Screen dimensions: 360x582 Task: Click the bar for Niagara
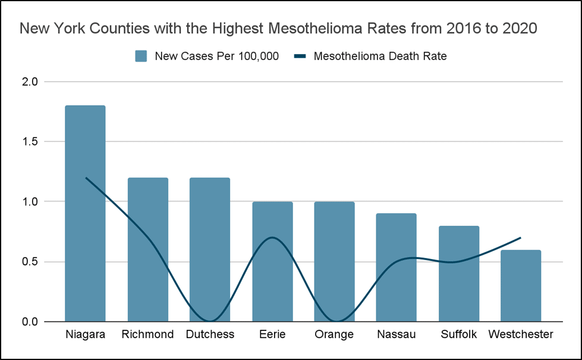pos(85,214)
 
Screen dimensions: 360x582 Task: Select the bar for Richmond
pos(147,250)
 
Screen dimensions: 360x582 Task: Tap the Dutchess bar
pos(210,250)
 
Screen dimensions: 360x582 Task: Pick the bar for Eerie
pos(272,261)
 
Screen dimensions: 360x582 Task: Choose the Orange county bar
pos(334,261)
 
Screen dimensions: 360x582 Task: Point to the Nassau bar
pos(397,267)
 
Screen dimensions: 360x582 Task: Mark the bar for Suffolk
pos(459,273)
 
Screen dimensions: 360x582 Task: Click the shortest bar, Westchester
pos(521,286)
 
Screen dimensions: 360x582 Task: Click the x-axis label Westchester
pos(521,334)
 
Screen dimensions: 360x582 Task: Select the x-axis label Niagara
pos(85,334)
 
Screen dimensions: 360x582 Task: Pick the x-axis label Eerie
pos(272,334)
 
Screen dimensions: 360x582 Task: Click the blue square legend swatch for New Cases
pos(141,56)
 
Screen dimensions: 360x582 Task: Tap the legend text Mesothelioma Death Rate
pos(380,56)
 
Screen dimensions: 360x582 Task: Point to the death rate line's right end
pos(521,238)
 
